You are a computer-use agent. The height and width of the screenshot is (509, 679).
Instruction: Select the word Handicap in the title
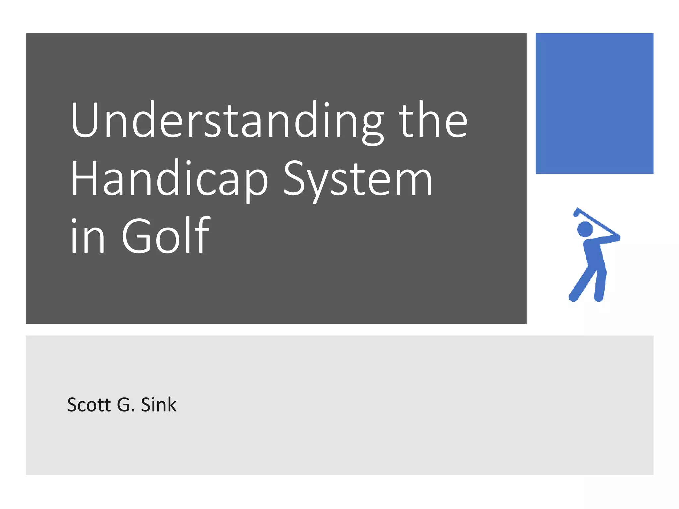(169, 179)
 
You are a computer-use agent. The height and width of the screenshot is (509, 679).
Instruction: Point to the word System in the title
(358, 179)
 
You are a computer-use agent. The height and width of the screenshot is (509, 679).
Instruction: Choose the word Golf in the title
(166, 235)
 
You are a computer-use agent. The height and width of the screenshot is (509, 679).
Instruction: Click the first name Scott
(89, 405)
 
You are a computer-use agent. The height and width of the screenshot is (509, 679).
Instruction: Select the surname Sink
(158, 405)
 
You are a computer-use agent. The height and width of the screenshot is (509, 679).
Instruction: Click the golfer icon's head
(585, 229)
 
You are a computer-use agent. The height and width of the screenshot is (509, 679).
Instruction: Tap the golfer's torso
(594, 255)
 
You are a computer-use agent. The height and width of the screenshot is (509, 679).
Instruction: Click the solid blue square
(594, 103)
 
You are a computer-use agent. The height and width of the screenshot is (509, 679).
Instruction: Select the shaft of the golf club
(597, 222)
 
